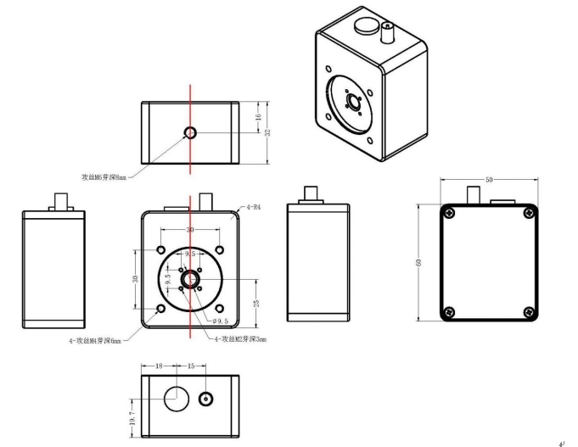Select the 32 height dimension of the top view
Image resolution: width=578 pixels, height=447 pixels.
coord(268,133)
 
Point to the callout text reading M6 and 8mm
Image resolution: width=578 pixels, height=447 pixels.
coord(104,177)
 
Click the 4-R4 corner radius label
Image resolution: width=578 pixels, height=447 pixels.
coord(253,207)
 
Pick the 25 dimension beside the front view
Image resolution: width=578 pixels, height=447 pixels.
coord(255,303)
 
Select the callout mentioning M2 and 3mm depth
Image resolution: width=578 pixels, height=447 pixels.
coord(240,339)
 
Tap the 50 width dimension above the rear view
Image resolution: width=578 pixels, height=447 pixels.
coord(488,181)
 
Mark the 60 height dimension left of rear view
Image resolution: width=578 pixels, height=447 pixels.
coord(418,264)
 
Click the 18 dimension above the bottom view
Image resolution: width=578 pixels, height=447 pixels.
coord(160,366)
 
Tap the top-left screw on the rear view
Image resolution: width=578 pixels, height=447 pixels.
coord(449,212)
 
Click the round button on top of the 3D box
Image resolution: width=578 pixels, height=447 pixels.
coord(365,23)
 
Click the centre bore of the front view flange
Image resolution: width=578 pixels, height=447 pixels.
coord(191,278)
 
